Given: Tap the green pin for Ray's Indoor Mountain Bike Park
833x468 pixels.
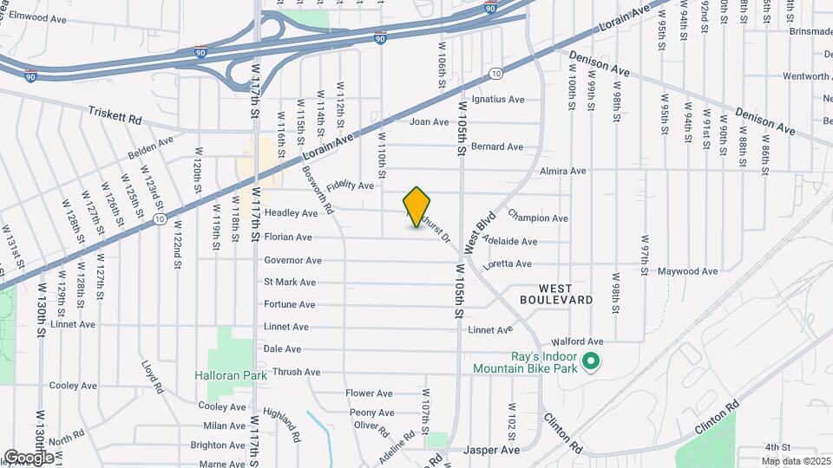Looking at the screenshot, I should pyautogui.click(x=592, y=361).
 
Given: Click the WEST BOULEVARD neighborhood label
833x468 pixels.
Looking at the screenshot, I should pyautogui.click(x=556, y=293).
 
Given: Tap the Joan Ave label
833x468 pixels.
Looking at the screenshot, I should pyautogui.click(x=429, y=122).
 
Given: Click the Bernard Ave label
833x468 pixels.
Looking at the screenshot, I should pyautogui.click(x=497, y=146).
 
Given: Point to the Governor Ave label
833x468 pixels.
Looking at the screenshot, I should pyautogui.click(x=292, y=260).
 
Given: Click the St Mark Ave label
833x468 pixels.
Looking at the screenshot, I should pyautogui.click(x=290, y=283).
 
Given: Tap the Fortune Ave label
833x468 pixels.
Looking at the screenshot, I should pyautogui.click(x=290, y=305).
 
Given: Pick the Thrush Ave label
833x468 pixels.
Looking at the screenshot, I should pyautogui.click(x=296, y=373).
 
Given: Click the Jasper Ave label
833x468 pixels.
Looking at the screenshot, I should pyautogui.click(x=491, y=451).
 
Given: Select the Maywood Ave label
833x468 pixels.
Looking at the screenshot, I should pyautogui.click(x=688, y=271).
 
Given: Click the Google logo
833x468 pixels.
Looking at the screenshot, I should pyautogui.click(x=28, y=457).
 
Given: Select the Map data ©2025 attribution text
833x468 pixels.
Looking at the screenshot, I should pyautogui.click(x=797, y=461).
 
